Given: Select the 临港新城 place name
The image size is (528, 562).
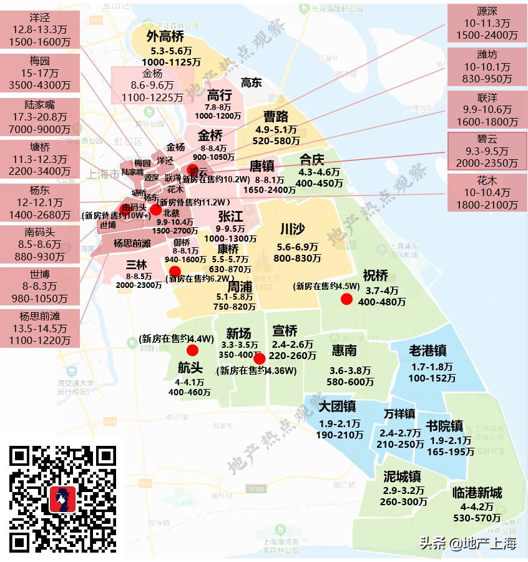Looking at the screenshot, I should (x=477, y=493).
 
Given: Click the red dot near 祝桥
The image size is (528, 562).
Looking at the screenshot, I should (x=346, y=299).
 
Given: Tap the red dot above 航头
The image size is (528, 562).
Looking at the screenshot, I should (x=192, y=350).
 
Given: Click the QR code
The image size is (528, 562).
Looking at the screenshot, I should (x=64, y=499).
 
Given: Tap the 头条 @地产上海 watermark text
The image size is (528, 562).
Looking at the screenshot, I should (x=468, y=543).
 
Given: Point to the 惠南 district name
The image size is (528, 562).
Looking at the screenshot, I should (x=345, y=351).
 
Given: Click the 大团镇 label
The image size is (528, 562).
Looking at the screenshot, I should (x=337, y=407).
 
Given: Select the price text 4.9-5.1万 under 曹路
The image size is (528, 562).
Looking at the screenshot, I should (x=276, y=130).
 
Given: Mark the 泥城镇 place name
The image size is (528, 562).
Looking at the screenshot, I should (x=403, y=476).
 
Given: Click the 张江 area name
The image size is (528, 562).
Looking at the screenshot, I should (x=230, y=217).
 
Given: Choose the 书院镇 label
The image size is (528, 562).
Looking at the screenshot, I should (x=444, y=426).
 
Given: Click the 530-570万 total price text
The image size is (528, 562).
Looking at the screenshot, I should (x=477, y=518).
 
